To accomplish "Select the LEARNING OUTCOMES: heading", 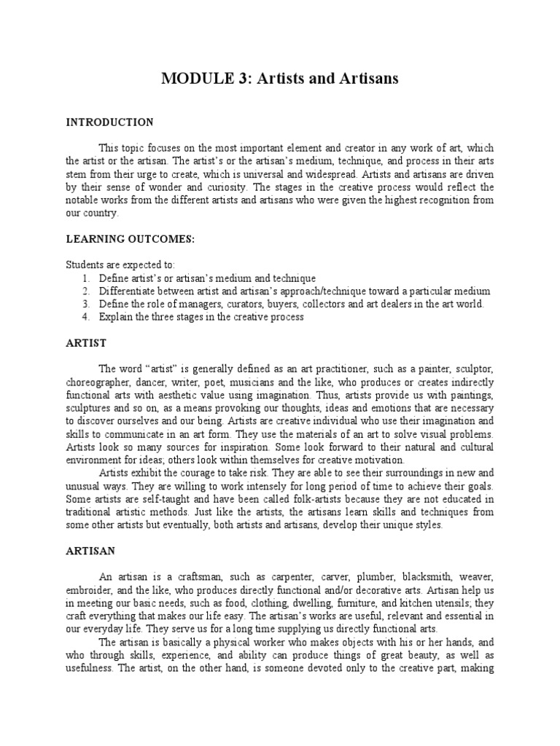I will (130, 239).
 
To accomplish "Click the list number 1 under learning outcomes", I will (85, 278).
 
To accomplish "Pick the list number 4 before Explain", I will (85, 318).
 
